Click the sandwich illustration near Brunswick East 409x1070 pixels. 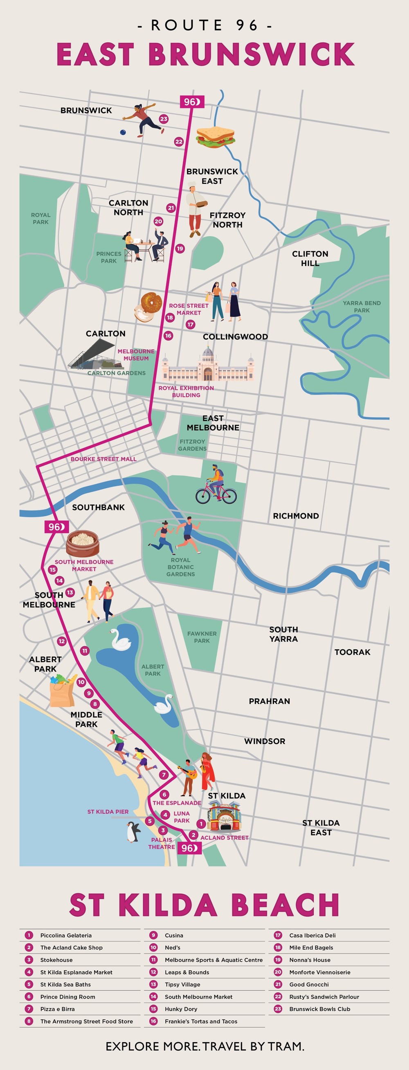pos(216,136)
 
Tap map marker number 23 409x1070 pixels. pos(164,119)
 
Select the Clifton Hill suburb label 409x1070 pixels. pos(310,258)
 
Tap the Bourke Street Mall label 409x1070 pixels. pos(103,459)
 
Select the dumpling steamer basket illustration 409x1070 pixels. pos(83,543)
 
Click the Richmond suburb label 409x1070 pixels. pos(296,516)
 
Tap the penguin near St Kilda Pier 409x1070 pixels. pos(133,832)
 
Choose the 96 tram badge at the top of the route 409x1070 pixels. pos(191,102)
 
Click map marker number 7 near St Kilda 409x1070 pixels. pos(164,775)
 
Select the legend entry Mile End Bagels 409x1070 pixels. pos(311,947)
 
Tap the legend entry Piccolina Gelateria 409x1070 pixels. pos(66,936)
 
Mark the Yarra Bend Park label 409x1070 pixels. pos(362,306)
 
